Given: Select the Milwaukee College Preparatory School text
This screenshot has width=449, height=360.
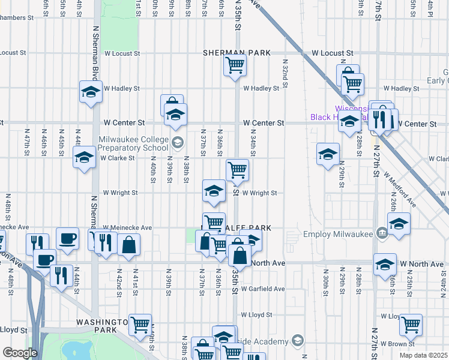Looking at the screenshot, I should [x=133, y=143].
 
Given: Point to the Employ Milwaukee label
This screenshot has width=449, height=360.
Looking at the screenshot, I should [x=339, y=234].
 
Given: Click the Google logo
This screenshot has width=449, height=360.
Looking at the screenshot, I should [x=19, y=353].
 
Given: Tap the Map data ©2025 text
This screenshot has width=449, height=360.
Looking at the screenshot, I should [x=423, y=355].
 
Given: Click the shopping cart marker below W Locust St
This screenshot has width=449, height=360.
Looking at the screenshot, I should [x=235, y=65].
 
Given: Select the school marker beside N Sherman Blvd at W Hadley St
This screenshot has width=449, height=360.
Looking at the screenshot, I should [x=91, y=92].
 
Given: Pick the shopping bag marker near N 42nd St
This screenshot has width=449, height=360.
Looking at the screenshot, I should [x=128, y=244].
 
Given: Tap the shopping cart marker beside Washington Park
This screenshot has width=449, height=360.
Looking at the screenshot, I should [x=140, y=325].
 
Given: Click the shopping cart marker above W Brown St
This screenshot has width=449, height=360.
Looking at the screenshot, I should [x=411, y=325].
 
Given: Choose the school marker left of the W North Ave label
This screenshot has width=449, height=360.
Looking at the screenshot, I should [x=385, y=263].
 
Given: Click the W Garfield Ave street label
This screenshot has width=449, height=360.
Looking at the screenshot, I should [x=264, y=289].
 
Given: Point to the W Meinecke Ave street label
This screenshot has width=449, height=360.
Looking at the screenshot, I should [x=127, y=228].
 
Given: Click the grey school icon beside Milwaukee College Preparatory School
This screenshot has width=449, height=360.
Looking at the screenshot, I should [x=177, y=143].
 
